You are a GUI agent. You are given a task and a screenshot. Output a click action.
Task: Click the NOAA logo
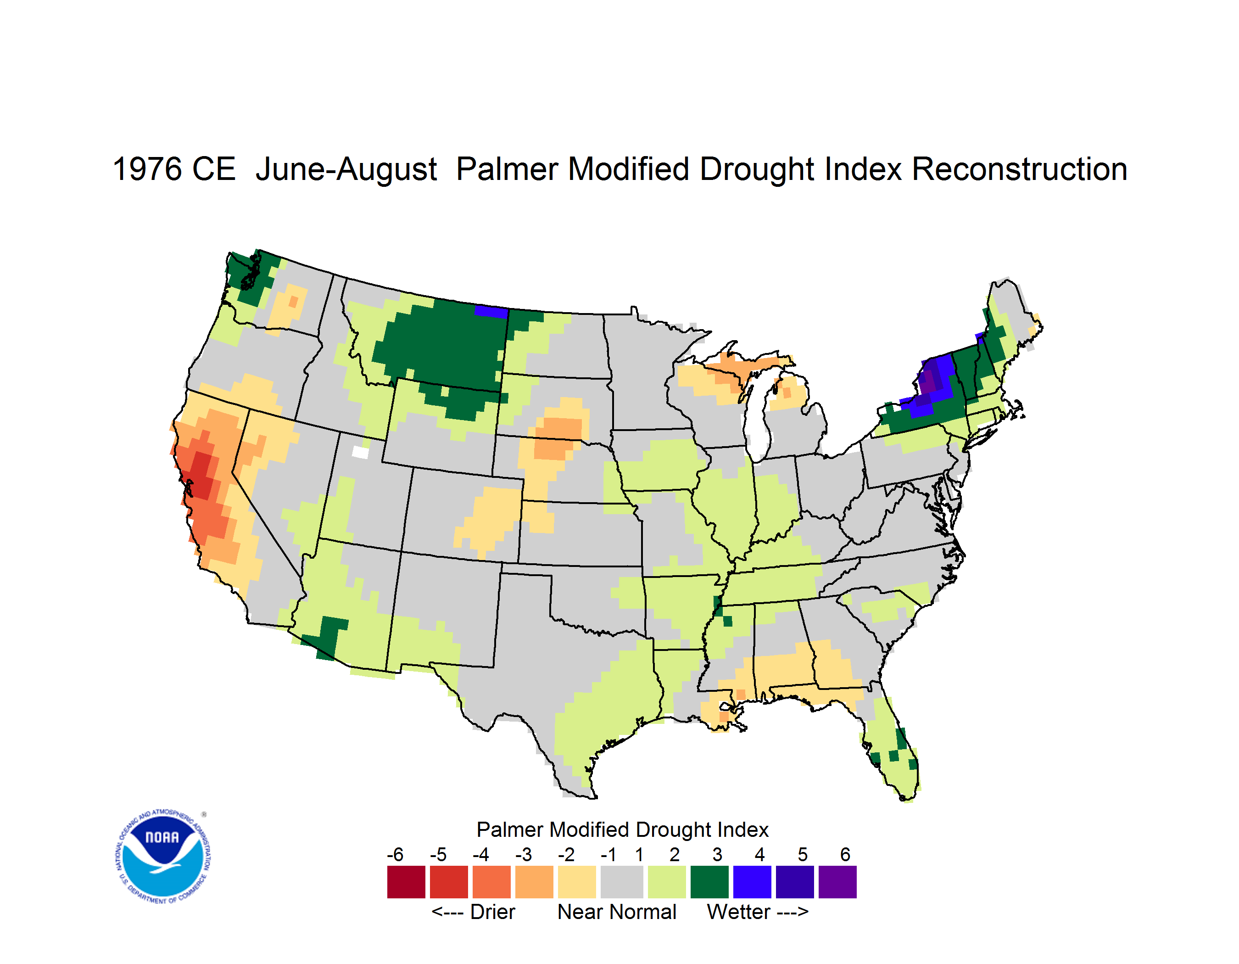pos(163,857)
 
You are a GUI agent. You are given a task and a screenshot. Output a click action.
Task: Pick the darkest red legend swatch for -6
pos(406,882)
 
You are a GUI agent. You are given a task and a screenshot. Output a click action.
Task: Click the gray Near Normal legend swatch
pos(622,882)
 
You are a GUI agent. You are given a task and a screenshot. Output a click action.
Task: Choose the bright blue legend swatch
pos(752,882)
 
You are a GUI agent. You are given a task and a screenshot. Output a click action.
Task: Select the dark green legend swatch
pos(709,882)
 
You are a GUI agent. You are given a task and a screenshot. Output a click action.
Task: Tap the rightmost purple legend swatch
pos(837,882)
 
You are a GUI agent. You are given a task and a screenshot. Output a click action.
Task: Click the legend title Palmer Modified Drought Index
pos(622,829)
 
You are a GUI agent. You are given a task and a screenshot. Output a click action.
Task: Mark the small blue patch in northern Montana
pos(491,312)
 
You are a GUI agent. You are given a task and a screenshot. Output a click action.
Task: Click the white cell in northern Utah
pos(360,452)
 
